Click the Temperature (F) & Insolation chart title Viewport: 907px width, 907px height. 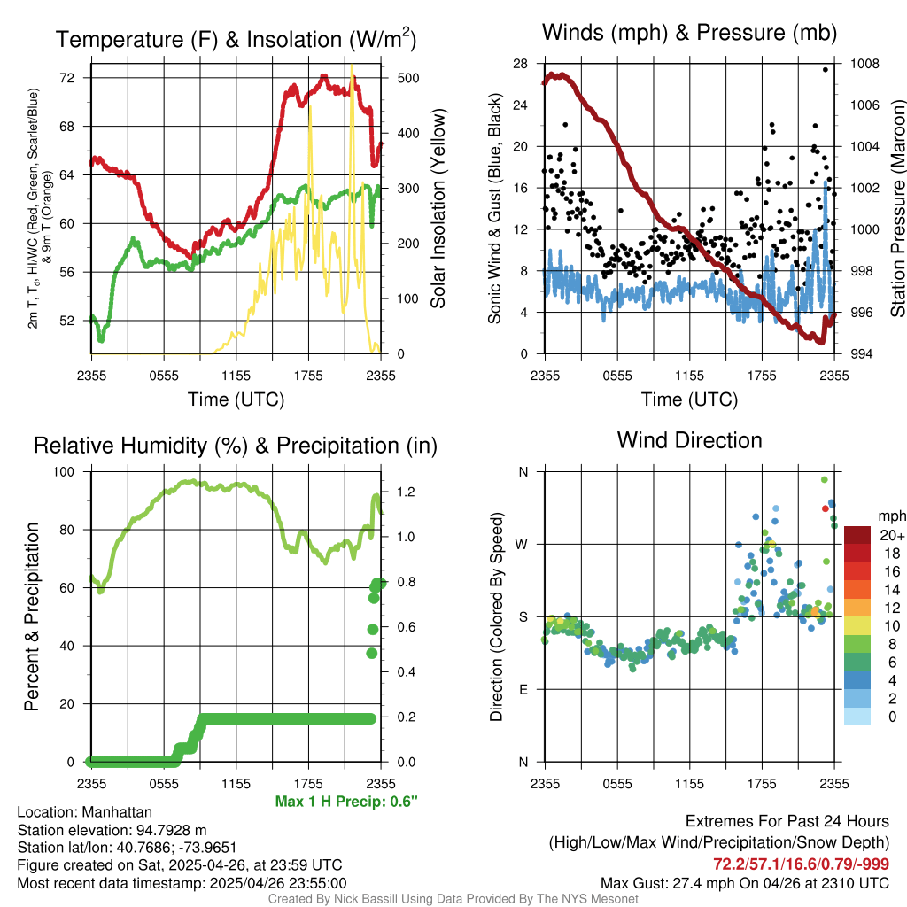(x=236, y=40)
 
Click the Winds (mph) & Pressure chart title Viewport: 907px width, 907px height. (x=689, y=34)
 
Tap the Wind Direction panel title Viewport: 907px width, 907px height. (x=689, y=440)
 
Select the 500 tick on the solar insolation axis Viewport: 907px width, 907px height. (x=396, y=78)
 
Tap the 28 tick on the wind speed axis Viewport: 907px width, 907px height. (x=520, y=64)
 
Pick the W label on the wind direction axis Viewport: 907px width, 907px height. (x=523, y=544)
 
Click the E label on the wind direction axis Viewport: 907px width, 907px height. (x=523, y=689)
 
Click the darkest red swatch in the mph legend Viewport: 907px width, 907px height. (x=857, y=535)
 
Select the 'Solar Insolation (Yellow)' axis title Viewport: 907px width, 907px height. (x=437, y=209)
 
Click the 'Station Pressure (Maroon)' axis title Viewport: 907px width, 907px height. (x=896, y=209)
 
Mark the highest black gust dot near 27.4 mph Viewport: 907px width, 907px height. (x=825, y=70)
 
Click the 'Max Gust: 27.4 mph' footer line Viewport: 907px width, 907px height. (x=744, y=883)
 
